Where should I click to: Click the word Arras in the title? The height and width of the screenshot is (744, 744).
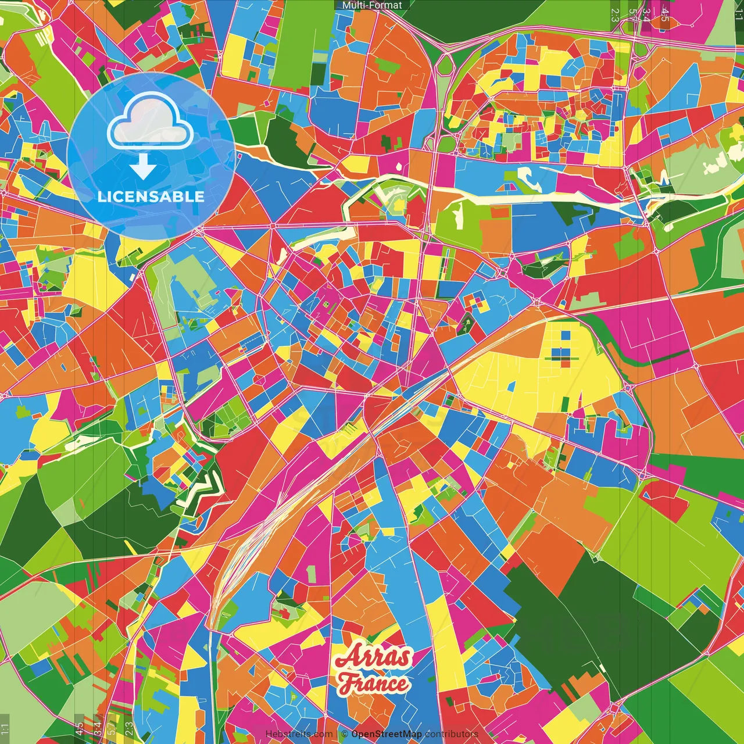pyautogui.click(x=374, y=657)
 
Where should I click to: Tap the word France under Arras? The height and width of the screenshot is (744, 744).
pyautogui.click(x=374, y=684)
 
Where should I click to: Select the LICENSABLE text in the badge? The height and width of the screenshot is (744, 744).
pyautogui.click(x=151, y=196)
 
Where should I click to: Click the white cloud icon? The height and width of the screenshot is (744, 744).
pyautogui.click(x=151, y=120)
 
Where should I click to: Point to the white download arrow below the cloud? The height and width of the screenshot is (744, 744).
pyautogui.click(x=142, y=167)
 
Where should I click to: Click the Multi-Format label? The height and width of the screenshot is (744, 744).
pyautogui.click(x=372, y=5)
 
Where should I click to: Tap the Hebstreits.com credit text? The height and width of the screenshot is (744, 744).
pyautogui.click(x=299, y=734)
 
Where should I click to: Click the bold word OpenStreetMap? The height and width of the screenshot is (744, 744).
pyautogui.click(x=386, y=734)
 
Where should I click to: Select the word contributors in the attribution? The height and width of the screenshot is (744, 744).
pyautogui.click(x=452, y=734)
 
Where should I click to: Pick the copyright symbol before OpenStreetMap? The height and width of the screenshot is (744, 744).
pyautogui.click(x=345, y=734)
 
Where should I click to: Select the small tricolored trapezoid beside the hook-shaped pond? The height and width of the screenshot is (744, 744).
pyautogui.click(x=509, y=187)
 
